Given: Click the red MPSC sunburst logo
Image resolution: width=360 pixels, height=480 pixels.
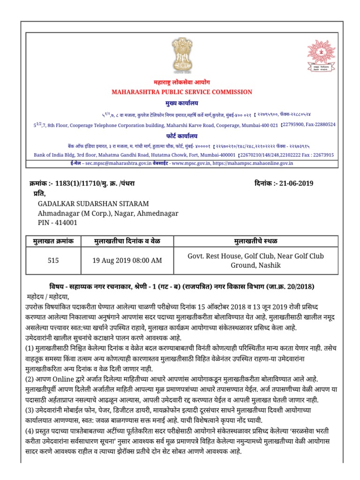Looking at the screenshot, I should coord(321,56).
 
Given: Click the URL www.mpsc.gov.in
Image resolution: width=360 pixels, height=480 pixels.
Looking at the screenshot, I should coord(190,163).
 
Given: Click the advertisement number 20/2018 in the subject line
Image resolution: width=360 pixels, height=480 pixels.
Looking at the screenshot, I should coord(300,286).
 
